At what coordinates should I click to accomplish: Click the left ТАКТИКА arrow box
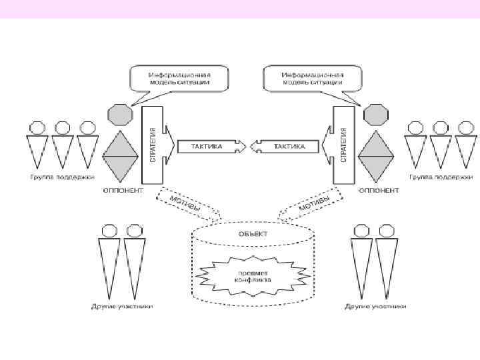(207, 145)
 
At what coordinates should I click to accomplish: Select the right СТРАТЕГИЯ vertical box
(343, 144)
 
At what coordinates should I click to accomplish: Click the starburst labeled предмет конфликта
(252, 276)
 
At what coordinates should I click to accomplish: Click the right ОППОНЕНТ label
(378, 191)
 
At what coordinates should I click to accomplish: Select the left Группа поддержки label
(61, 177)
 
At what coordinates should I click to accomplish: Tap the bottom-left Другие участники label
(122, 307)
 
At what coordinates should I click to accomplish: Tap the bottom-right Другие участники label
(375, 307)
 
